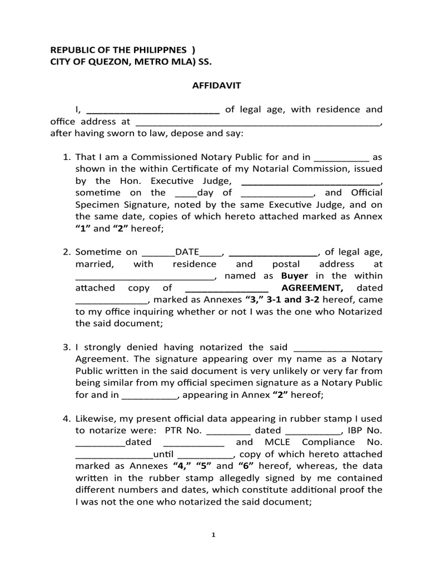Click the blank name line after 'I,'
tap(154, 110)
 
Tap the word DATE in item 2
tap(187, 252)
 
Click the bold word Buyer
tap(295, 276)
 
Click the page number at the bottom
tap(213, 536)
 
